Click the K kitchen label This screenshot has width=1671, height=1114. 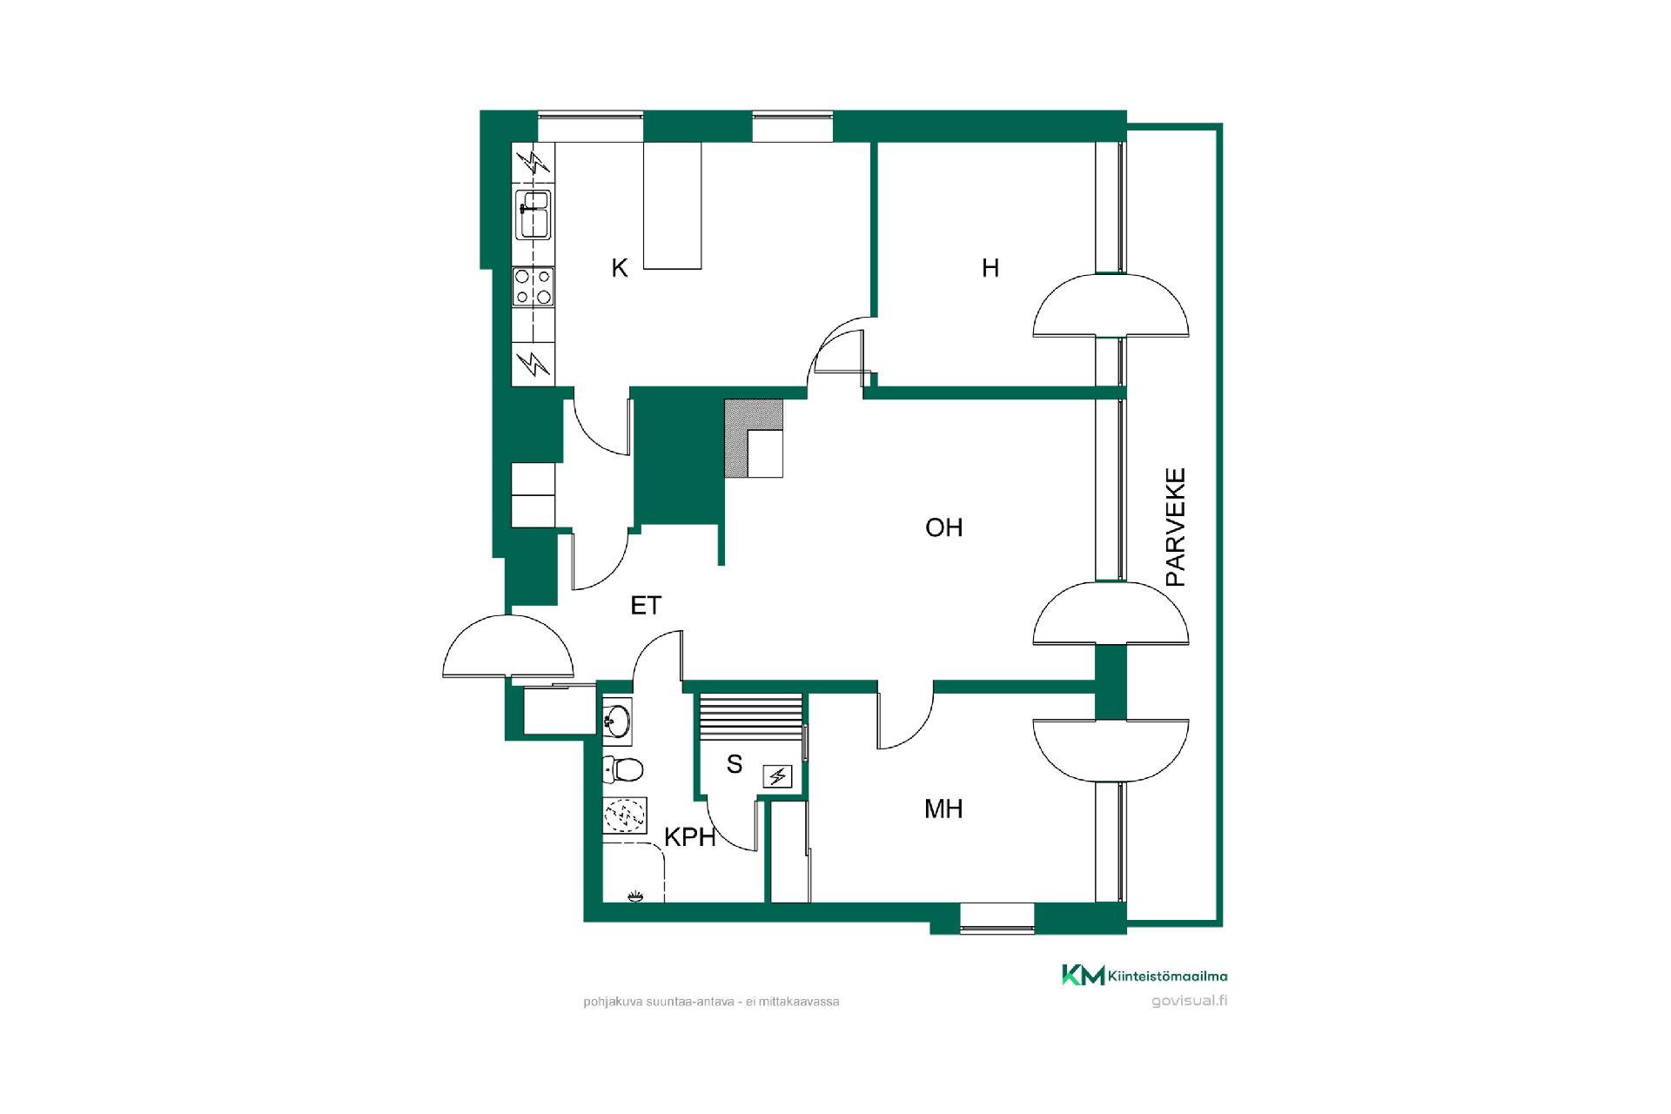tap(620, 268)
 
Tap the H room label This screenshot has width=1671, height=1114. tap(990, 268)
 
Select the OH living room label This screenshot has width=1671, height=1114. tap(944, 527)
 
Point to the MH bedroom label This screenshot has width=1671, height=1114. tap(943, 809)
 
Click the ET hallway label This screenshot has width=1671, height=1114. tap(646, 605)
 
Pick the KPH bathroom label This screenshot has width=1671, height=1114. tap(690, 837)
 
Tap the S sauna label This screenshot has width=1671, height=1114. tap(735, 764)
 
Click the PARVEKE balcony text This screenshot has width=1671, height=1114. tap(1176, 527)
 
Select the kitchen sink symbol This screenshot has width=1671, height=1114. tap(534, 214)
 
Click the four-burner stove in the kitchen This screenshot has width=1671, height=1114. tap(534, 287)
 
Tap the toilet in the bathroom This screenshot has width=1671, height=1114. tap(622, 769)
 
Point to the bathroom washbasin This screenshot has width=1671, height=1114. tap(617, 721)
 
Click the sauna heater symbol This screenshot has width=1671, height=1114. tap(777, 775)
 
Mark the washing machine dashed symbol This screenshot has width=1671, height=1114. tap(625, 815)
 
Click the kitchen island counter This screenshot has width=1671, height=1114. tap(672, 205)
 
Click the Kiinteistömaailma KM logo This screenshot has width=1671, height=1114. tap(1144, 976)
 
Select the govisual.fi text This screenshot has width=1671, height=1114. tap(1189, 1000)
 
